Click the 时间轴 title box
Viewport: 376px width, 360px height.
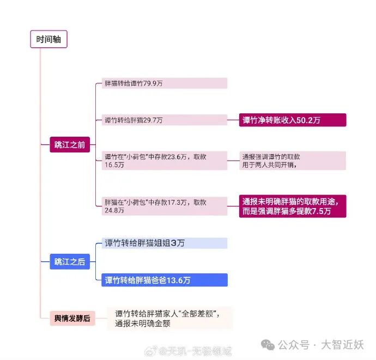click(48, 39)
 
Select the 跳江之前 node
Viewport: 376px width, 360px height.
click(70, 144)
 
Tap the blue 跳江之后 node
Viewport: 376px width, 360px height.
click(70, 261)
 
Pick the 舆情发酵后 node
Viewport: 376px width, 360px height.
click(72, 318)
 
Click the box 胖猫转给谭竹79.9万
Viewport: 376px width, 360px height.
click(165, 83)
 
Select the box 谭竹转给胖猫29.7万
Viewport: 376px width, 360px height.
click(165, 120)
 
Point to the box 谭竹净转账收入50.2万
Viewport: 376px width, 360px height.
click(293, 120)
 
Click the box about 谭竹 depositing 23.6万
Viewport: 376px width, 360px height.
click(165, 161)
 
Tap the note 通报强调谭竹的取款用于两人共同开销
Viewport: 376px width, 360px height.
click(293, 161)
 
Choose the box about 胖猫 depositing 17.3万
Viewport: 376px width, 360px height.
click(165, 206)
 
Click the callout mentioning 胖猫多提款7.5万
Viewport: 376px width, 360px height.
click(293, 206)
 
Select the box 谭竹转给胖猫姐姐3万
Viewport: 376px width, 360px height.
click(165, 243)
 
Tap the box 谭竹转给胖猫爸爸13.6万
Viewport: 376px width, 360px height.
click(165, 280)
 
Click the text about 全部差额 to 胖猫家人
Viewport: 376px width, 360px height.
click(167, 319)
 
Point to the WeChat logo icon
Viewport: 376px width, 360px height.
click(268, 345)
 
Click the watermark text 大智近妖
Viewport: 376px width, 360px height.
click(342, 345)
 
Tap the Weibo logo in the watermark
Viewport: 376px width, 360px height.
click(151, 351)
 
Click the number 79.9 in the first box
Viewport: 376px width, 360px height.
click(150, 83)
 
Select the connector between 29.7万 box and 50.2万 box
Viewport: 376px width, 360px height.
click(233, 120)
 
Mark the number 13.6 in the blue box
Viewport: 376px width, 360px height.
click(175, 280)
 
